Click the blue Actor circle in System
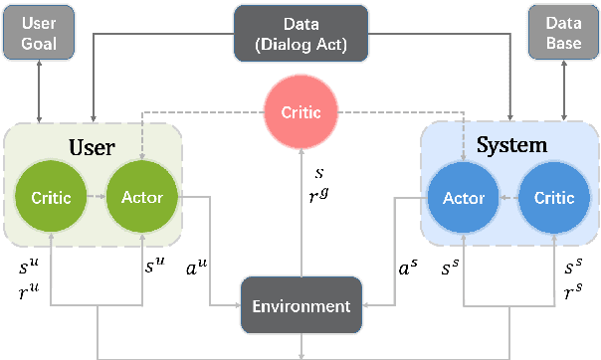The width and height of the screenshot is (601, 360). click(x=462, y=197)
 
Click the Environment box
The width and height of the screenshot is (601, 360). click(x=300, y=306)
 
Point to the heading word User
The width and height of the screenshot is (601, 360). click(x=93, y=147)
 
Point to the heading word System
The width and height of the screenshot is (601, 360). click(x=511, y=145)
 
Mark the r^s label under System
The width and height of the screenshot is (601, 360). click(x=574, y=293)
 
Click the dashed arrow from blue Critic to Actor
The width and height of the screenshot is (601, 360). click(x=505, y=197)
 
